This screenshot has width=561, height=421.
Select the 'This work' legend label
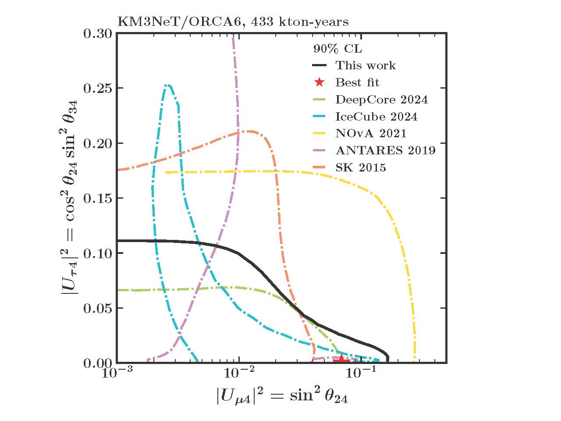(366, 66)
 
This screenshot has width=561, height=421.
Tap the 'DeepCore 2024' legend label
(381, 100)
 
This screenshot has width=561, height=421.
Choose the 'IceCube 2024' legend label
(376, 117)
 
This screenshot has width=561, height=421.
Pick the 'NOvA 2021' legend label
(371, 133)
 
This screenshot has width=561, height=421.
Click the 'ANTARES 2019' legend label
(385, 150)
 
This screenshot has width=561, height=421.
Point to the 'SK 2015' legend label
(360, 167)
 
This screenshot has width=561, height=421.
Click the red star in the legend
(320, 82)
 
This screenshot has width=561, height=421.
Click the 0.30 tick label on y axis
(97, 33)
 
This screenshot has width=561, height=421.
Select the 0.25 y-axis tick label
(97, 88)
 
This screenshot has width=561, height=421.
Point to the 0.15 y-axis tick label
(97, 198)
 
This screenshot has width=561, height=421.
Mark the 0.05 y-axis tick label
(97, 308)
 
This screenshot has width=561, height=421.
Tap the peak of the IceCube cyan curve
(167, 85)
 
